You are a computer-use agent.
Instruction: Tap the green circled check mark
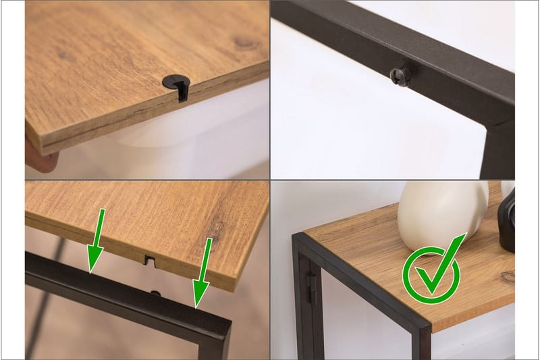click(x=431, y=274)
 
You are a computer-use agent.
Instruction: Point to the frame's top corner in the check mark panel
click(x=299, y=237)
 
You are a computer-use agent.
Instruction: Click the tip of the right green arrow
click(x=198, y=305)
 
